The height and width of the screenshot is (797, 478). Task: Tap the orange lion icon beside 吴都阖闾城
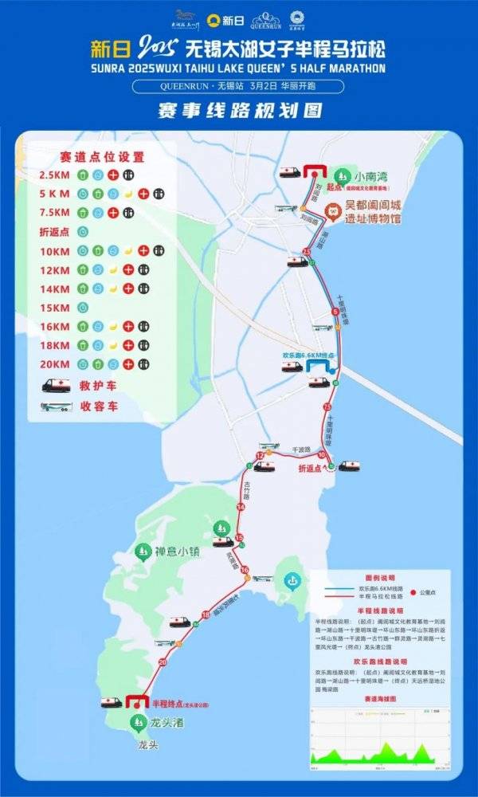(334, 211)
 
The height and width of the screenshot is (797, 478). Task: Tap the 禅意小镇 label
(181, 551)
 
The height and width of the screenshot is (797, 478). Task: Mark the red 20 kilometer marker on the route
(163, 662)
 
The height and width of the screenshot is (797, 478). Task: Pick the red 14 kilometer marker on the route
(241, 507)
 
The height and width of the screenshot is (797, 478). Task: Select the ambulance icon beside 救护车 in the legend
(57, 385)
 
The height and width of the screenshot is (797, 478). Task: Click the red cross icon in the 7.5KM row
(112, 213)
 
